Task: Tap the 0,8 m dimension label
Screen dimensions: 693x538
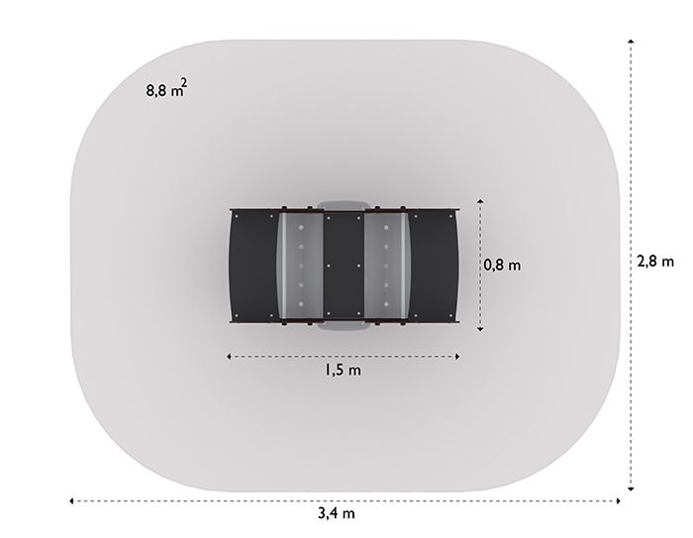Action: tap(502, 266)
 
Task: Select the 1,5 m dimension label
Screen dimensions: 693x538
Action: tap(343, 370)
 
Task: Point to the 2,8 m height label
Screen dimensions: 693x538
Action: tap(655, 262)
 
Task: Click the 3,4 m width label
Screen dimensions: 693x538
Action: tap(337, 513)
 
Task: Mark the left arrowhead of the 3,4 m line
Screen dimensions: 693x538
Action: tap(71, 500)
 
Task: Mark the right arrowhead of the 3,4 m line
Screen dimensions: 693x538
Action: tap(618, 500)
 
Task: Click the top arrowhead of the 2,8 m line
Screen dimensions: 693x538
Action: tap(632, 42)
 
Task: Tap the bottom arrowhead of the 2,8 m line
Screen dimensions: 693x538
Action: tap(632, 488)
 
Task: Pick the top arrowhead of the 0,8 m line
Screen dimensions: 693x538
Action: tap(480, 202)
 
